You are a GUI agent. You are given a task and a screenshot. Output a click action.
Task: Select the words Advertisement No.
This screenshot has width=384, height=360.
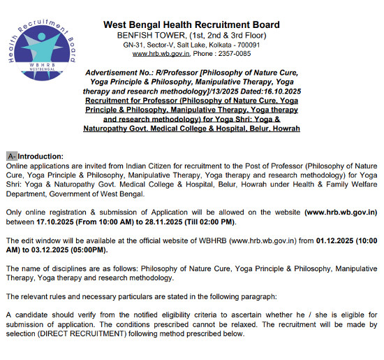113,73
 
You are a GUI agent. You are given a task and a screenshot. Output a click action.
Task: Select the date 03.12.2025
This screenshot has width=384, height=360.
59,250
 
